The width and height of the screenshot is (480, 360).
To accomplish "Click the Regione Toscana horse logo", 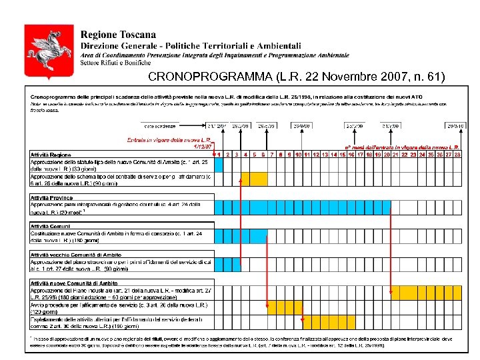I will [39, 53].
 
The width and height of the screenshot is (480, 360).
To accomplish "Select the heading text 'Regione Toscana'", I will [119, 35].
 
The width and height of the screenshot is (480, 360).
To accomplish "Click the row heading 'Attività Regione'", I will [51, 155].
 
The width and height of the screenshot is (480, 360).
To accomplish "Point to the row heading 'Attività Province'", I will [51, 197].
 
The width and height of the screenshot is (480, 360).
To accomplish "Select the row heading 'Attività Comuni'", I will [50, 226].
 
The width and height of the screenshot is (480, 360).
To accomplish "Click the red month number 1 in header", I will [219, 155].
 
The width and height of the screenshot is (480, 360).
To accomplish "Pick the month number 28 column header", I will [457, 155].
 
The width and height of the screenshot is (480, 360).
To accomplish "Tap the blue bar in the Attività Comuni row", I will [241, 236].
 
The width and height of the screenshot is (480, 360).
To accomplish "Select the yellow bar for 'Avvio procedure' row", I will [285, 307].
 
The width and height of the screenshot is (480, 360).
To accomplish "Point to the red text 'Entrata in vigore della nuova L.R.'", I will [169, 140].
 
